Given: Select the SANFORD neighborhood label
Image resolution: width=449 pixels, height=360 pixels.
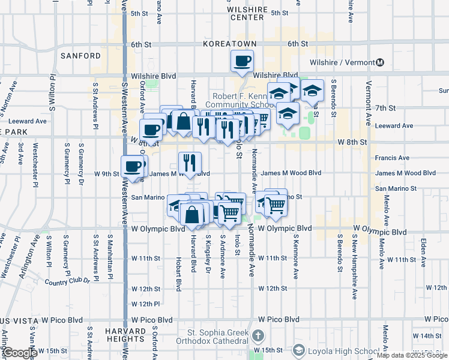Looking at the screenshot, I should (80, 56).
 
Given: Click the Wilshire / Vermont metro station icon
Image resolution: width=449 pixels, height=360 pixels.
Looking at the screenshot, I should (381, 62).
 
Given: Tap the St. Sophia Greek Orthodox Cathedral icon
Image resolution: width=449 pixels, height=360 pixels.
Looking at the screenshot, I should (258, 335).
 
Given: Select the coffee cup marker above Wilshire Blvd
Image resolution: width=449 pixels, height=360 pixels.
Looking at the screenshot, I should (242, 61).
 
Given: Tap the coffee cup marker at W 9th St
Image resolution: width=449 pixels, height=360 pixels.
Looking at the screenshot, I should (132, 166).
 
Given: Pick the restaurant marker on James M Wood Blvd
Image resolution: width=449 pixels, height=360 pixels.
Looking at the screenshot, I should (190, 163).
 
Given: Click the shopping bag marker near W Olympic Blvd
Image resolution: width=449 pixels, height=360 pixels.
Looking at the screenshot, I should (191, 215).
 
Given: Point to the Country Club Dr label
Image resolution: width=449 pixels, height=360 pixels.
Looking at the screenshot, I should (67, 281).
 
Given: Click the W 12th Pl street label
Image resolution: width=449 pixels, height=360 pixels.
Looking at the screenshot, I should (145, 304).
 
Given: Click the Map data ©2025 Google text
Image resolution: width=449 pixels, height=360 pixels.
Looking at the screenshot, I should (412, 355).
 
